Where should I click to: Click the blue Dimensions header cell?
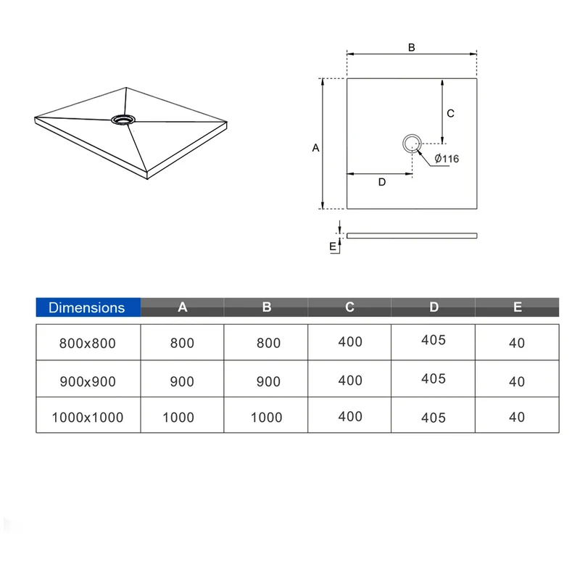pos(88,307)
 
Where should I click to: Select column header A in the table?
pos(183,307)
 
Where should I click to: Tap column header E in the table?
pos(518,307)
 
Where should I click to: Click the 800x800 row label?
pos(88,343)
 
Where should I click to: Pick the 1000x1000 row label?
pos(88,418)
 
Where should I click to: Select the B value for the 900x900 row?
pos(268,381)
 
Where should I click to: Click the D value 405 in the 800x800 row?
pos(434,340)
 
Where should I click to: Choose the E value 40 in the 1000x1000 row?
pos(517,417)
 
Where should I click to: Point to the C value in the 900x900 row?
pos(350,380)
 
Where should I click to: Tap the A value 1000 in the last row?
pos(178,418)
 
